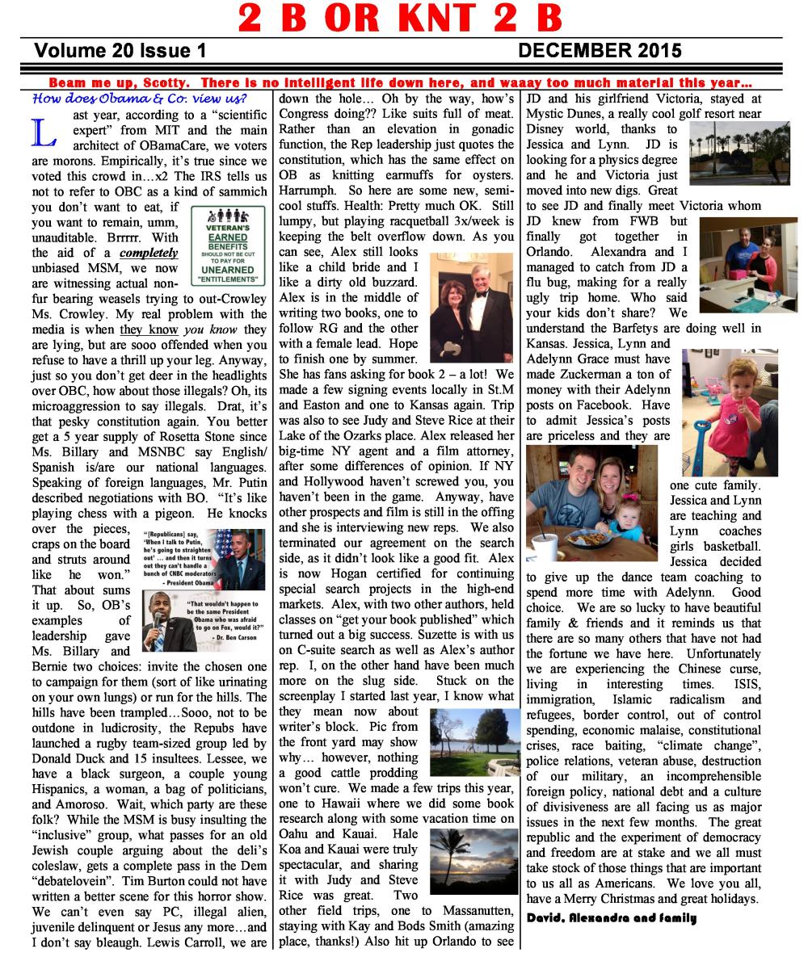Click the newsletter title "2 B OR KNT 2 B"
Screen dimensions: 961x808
[x=401, y=18]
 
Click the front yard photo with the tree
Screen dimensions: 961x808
[x=469, y=741]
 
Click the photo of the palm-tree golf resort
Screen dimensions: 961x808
[x=739, y=153]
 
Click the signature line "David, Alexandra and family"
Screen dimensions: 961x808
[x=612, y=917]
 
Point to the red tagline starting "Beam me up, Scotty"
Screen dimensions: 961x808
[x=401, y=82]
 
